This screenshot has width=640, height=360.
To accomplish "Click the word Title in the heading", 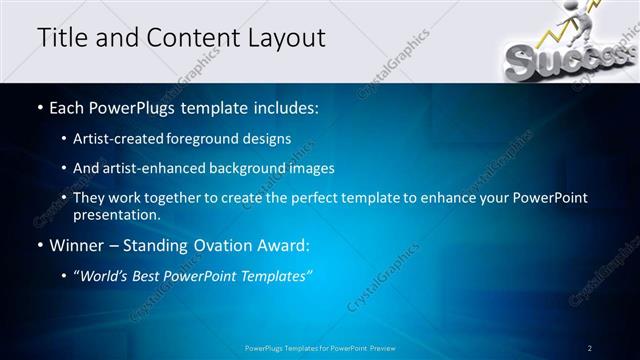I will (61, 38).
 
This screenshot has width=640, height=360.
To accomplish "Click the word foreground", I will (212, 138).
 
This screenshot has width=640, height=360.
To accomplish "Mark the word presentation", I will (114, 214).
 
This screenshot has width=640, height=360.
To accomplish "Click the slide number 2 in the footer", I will (590, 347).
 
